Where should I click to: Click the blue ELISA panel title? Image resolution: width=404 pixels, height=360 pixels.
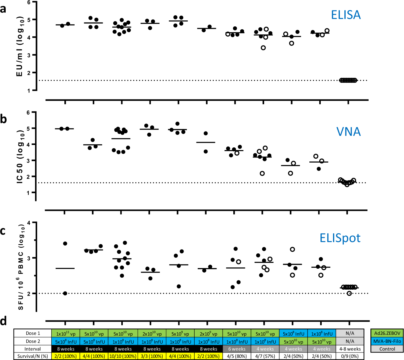346,15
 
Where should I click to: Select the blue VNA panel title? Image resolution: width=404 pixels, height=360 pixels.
348,131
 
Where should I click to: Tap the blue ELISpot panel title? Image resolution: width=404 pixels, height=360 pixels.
340,238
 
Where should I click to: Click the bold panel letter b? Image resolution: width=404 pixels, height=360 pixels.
3,119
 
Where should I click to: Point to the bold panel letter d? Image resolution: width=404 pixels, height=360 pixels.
3,321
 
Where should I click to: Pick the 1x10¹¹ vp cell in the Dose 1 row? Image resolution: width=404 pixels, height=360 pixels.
66,334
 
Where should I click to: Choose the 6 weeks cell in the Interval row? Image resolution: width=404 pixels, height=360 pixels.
237,349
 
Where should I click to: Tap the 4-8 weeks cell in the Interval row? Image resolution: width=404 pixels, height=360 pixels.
350,349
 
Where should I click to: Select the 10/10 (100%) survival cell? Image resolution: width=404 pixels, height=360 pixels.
123,356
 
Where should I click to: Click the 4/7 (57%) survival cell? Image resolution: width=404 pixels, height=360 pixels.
265,356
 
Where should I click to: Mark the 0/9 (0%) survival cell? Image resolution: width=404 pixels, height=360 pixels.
350,356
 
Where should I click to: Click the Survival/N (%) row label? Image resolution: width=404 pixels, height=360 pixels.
33,356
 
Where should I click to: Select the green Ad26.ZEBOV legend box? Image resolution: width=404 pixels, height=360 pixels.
387,333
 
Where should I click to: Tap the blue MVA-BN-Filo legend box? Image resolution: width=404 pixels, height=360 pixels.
387,341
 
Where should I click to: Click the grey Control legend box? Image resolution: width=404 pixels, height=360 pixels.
387,349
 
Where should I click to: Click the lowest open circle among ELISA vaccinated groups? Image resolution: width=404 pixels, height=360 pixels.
263,48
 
